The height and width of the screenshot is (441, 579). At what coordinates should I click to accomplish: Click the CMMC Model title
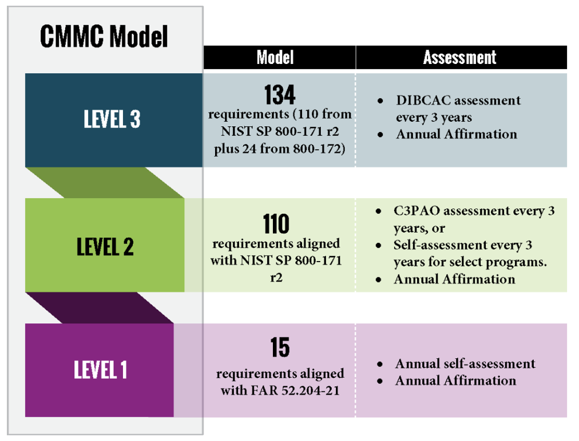[104, 37]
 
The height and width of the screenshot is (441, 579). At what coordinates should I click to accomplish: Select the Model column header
[275, 57]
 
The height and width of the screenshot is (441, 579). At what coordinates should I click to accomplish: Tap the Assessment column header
[460, 57]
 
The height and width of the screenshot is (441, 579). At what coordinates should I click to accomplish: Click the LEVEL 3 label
[112, 119]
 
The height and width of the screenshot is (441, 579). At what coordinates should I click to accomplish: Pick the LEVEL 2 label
[105, 247]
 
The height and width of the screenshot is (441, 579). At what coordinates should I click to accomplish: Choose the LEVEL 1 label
[100, 370]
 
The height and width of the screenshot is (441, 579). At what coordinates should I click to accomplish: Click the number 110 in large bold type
[276, 225]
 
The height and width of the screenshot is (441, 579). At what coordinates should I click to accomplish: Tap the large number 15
[280, 348]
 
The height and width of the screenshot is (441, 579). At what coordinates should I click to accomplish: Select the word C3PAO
[417, 211]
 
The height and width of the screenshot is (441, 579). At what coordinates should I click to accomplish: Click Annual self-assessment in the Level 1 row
[465, 364]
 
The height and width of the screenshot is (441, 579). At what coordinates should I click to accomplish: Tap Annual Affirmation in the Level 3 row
[456, 134]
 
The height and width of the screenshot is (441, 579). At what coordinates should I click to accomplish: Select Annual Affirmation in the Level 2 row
[454, 279]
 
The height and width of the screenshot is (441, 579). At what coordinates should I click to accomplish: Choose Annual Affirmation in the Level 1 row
[455, 380]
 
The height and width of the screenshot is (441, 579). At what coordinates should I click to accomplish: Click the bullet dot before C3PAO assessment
[379, 211]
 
